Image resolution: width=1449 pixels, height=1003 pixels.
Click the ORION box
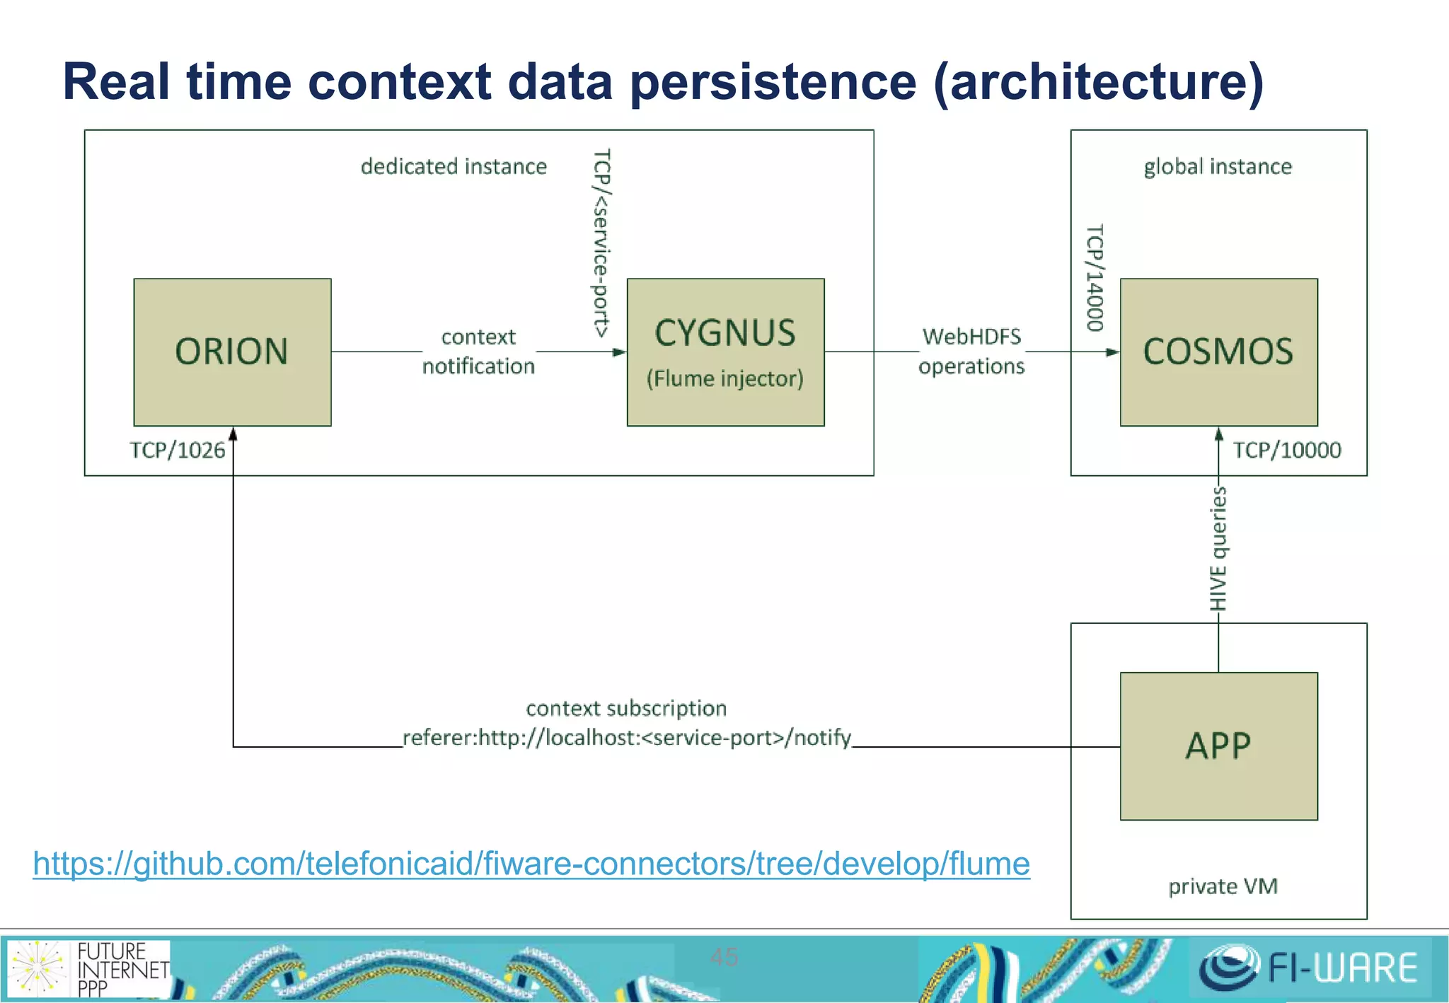coord(232,352)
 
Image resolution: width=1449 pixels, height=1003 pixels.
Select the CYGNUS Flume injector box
coord(725,352)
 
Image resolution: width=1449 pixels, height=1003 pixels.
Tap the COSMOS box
coord(1218,352)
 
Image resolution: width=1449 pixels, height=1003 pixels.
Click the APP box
coord(1218,746)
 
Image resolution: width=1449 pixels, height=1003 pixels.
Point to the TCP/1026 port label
coord(177,451)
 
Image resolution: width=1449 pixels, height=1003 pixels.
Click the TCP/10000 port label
coord(1286,451)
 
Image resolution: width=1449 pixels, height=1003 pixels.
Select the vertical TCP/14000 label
coord(1095,277)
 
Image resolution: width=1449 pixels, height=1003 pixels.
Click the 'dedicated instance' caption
coord(454,166)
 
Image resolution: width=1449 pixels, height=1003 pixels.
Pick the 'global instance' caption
coord(1218,166)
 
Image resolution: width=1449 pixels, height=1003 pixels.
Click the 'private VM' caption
coord(1223,886)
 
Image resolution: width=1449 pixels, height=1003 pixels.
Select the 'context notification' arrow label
coord(478,352)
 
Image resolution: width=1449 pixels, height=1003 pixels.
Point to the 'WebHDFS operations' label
coord(971,352)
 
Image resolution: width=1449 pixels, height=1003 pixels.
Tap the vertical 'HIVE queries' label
coord(1218,549)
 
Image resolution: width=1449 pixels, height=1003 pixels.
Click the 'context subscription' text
coord(626,708)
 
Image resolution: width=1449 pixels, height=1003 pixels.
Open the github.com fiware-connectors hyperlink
coord(531,864)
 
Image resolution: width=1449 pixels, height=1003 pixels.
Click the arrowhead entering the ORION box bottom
coord(233,434)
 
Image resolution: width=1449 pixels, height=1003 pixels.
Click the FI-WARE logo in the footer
coord(1308,968)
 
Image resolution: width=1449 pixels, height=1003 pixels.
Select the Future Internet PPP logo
coord(89,968)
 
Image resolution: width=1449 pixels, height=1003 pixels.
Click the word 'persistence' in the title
coord(773,82)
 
